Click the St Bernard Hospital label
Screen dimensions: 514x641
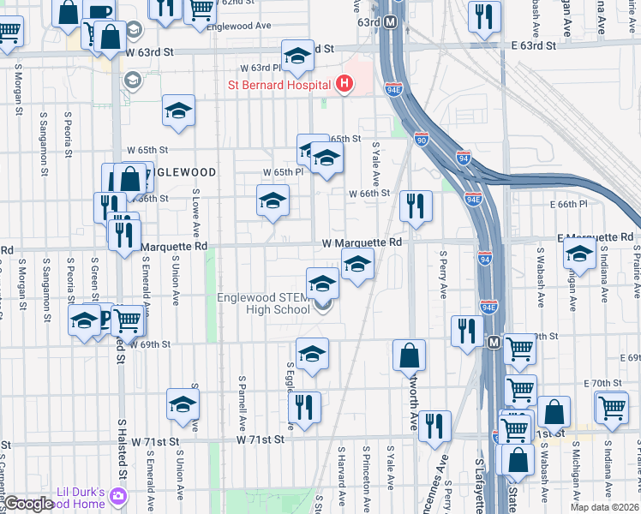pyautogui.click(x=279, y=85)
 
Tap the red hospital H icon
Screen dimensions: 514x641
pyautogui.click(x=344, y=84)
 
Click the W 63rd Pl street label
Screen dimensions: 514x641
pyautogui.click(x=261, y=67)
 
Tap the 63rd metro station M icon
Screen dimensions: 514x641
pyautogui.click(x=391, y=21)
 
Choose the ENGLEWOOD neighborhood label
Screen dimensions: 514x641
pyautogui.click(x=176, y=172)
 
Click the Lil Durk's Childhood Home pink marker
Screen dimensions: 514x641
pyautogui.click(x=117, y=497)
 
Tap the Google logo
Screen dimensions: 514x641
pyautogui.click(x=29, y=504)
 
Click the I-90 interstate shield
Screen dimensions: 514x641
pyautogui.click(x=421, y=139)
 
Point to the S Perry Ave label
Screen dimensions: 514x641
pyautogui.click(x=443, y=274)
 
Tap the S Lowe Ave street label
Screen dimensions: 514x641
pyautogui.click(x=196, y=213)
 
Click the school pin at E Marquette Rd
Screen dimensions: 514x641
pyautogui.click(x=579, y=254)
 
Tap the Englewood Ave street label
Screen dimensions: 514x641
pyautogui.click(x=244, y=26)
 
